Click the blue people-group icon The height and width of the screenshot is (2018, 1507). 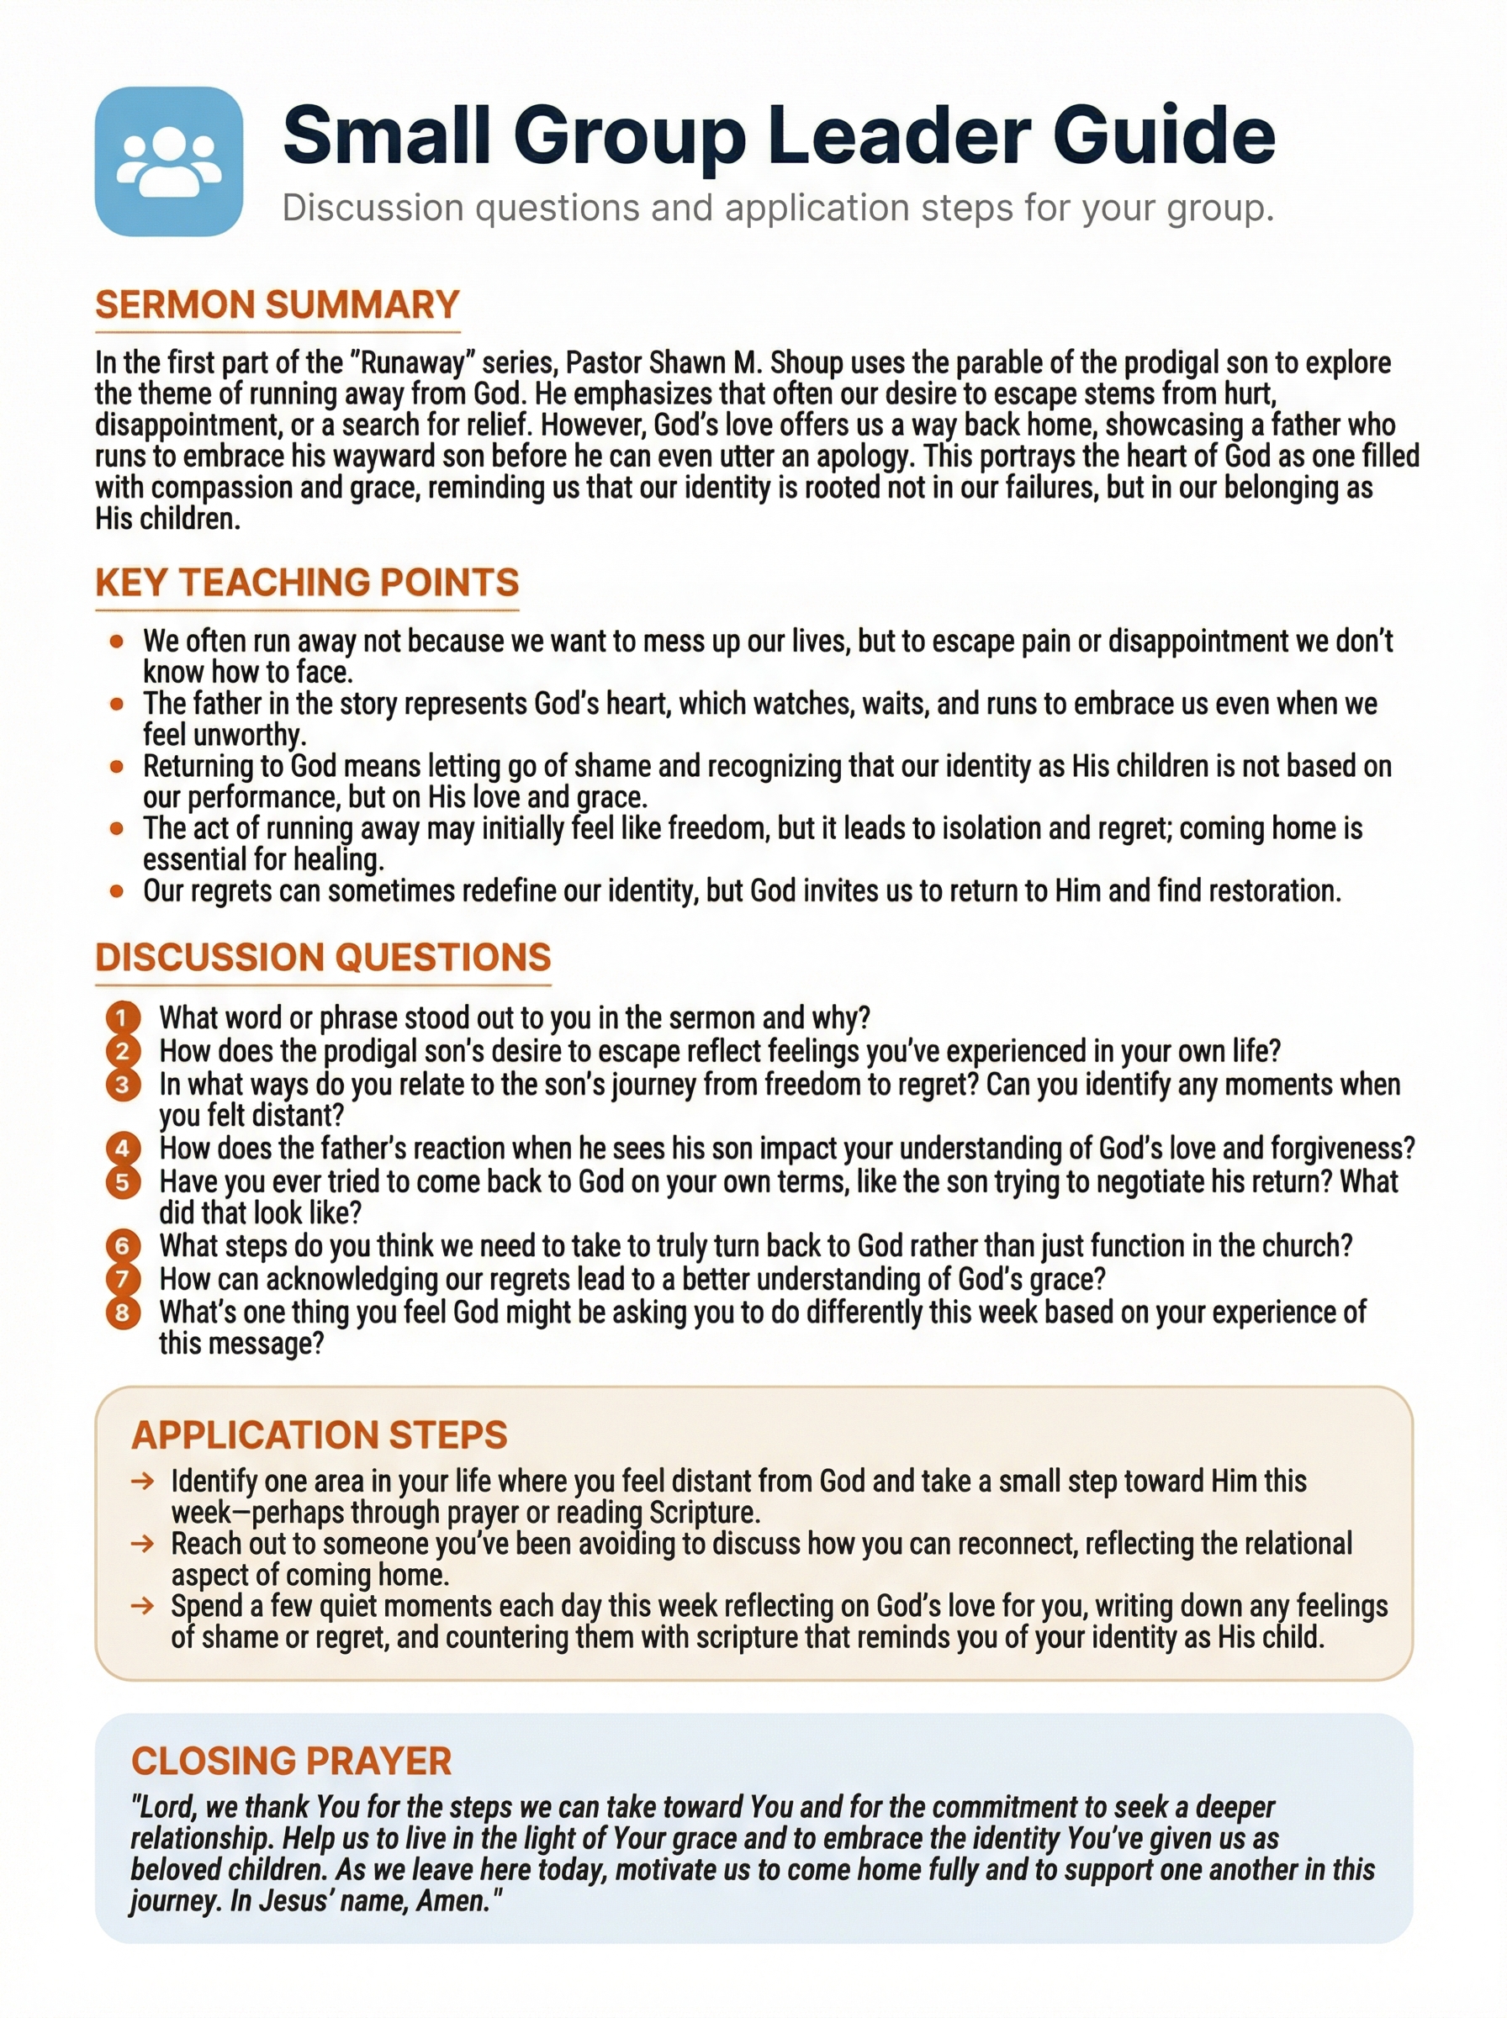click(169, 161)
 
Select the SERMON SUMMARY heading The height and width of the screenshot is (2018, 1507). click(278, 305)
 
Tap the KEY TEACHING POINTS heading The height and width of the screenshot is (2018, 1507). click(306, 583)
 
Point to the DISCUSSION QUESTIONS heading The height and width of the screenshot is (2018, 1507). click(323, 958)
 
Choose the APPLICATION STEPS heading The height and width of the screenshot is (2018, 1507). click(320, 1435)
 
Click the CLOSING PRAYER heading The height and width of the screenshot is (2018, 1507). click(291, 1761)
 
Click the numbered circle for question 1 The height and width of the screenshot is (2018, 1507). click(123, 1017)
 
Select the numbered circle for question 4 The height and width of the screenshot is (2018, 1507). click(123, 1148)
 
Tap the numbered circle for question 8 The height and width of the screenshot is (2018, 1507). click(123, 1313)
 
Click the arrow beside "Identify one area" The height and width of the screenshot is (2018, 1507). click(142, 1482)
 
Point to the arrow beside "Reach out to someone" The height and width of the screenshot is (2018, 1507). click(142, 1545)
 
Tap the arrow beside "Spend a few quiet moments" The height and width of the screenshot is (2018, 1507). click(142, 1607)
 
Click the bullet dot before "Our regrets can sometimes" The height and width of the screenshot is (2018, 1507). click(117, 891)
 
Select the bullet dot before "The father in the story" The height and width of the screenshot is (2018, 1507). click(117, 704)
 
